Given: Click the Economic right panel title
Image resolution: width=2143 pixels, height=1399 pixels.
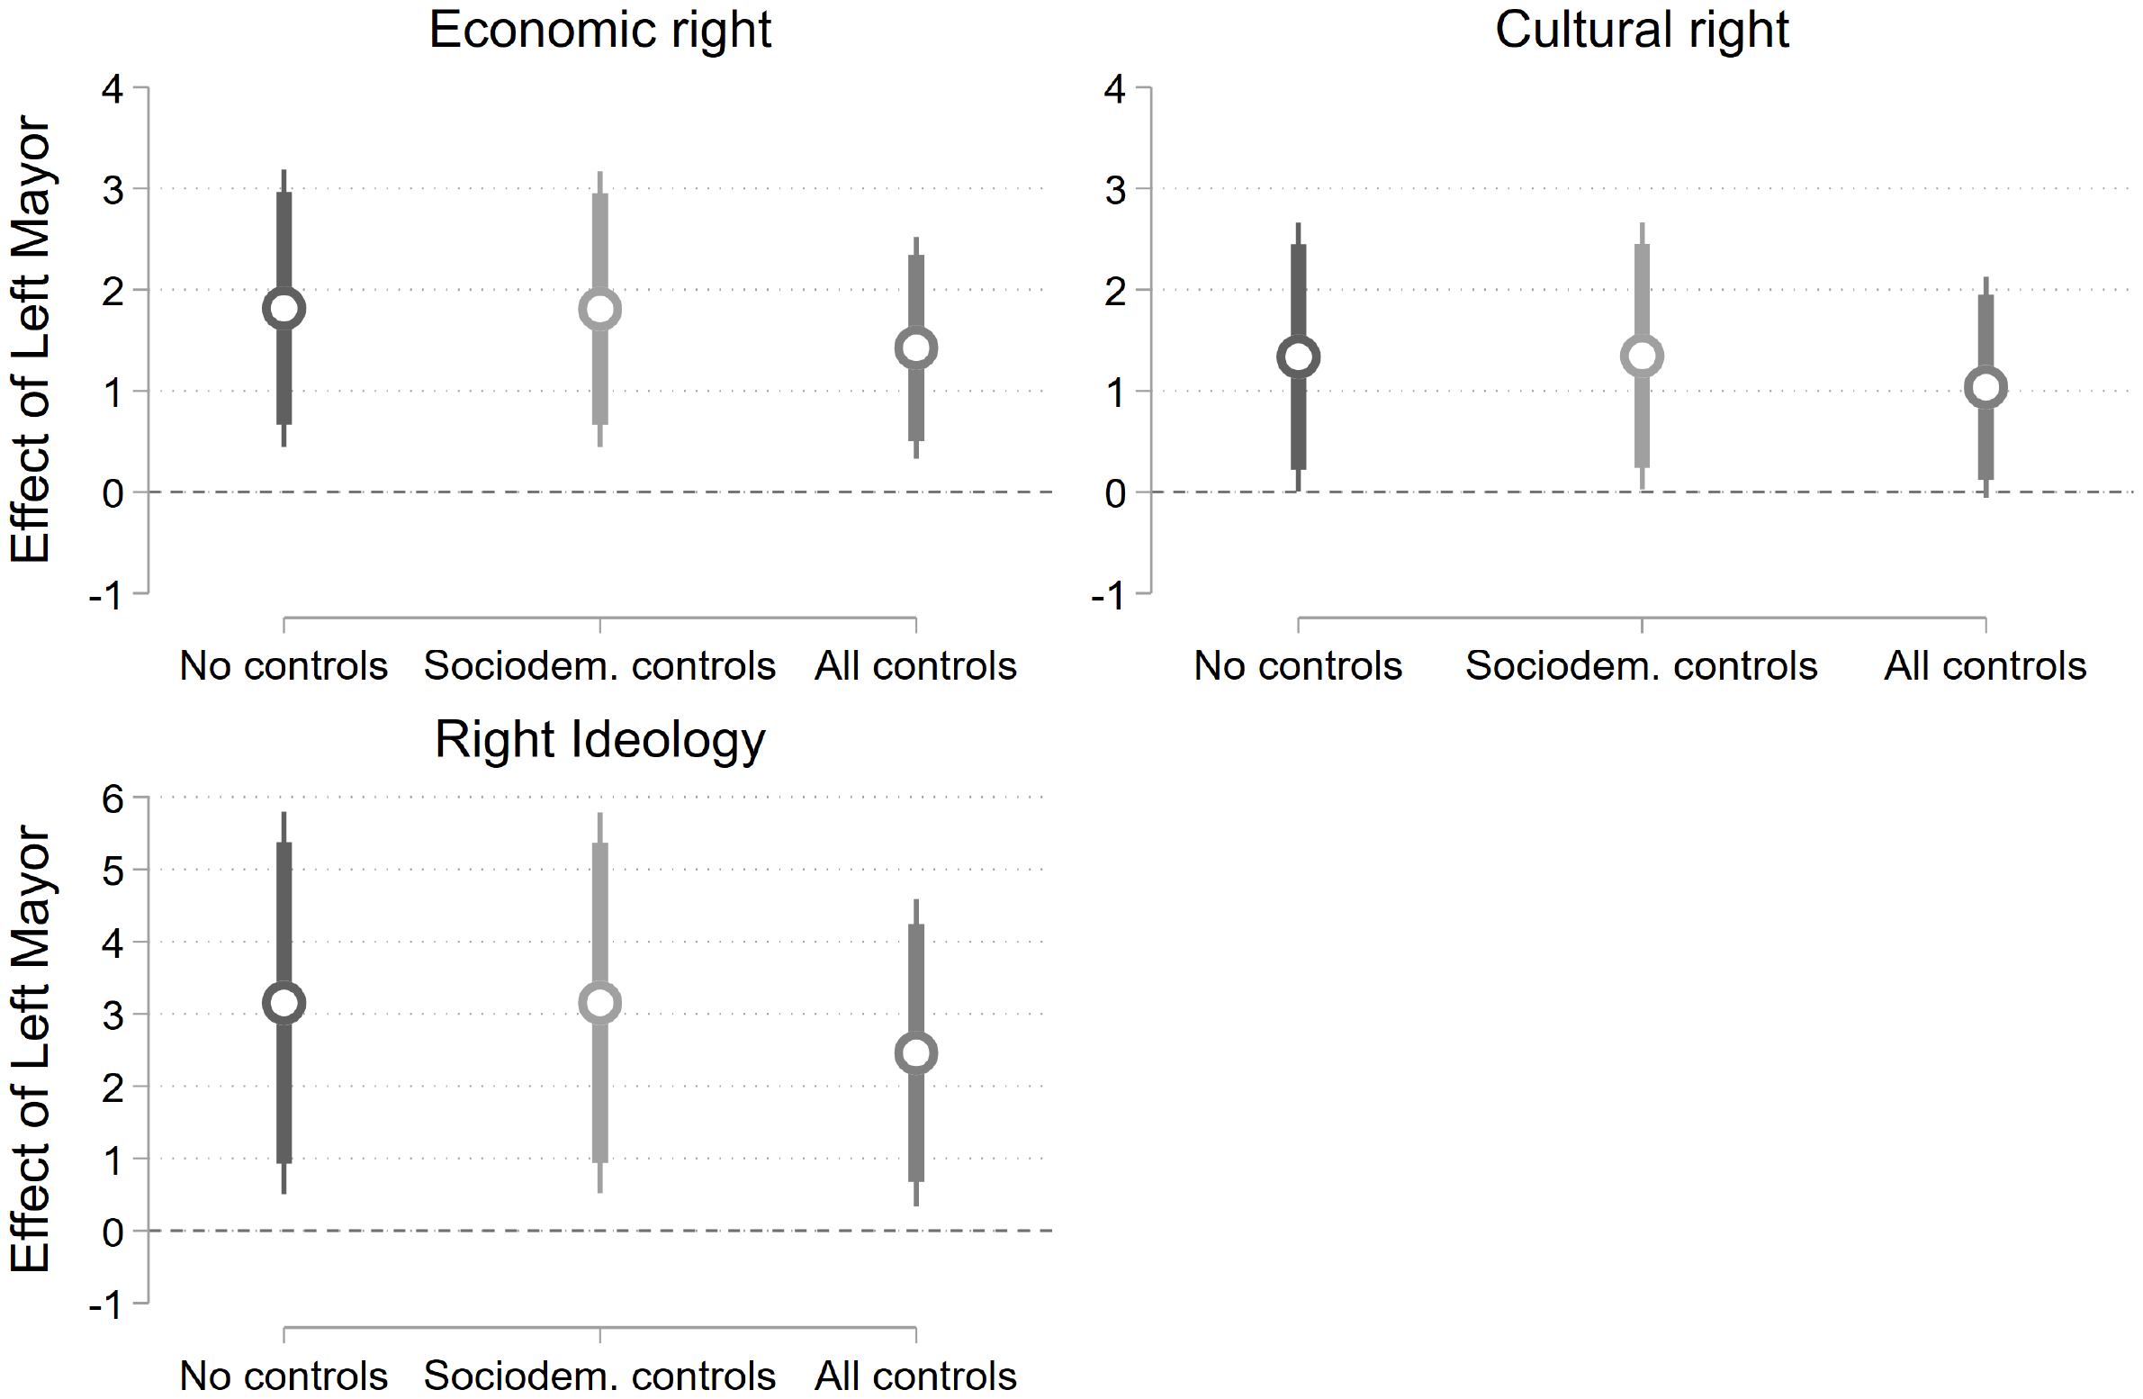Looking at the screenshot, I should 599,30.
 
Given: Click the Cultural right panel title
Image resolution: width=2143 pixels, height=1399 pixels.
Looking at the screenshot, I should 1642,30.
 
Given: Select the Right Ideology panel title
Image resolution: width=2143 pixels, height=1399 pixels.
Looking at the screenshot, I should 599,740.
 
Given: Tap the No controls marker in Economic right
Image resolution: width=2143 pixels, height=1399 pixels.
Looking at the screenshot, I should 284,309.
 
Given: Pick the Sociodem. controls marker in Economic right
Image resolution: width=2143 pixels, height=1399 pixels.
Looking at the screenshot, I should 599,310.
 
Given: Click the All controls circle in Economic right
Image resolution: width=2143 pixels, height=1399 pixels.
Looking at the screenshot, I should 915,348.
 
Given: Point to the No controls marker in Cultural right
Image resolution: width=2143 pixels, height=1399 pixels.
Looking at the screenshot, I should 1298,357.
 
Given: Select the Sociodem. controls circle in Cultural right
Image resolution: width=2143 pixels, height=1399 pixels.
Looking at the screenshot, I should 1642,356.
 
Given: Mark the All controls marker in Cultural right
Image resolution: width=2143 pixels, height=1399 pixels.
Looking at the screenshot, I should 1985,387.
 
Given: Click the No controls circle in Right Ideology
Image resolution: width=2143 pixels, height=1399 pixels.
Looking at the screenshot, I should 284,1003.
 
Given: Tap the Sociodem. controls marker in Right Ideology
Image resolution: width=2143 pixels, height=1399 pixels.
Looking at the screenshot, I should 599,1003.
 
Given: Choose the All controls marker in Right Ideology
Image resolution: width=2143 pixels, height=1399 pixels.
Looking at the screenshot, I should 915,1053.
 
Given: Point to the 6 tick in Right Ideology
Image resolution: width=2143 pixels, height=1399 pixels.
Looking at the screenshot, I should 113,799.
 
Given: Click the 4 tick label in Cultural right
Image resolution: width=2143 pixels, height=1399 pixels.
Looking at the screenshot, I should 1115,89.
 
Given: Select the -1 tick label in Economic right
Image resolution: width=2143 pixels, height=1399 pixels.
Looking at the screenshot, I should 105,595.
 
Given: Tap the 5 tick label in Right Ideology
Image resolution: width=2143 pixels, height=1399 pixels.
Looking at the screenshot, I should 113,871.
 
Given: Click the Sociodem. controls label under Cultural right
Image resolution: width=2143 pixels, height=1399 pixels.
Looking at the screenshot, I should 1641,665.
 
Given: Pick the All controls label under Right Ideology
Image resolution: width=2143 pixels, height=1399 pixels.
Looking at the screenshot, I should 914,1376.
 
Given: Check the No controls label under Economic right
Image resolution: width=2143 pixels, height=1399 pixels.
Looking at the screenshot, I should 284,665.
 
